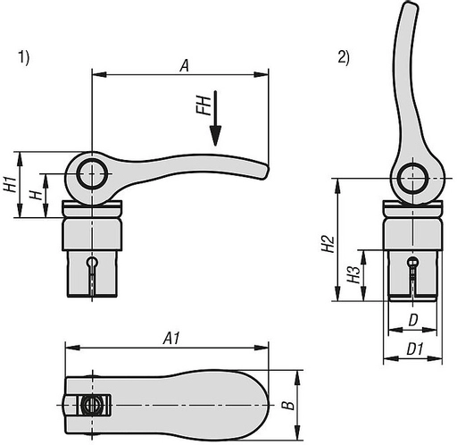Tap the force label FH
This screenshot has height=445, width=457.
pyautogui.click(x=204, y=107)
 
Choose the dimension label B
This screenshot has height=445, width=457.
pyautogui.click(x=287, y=405)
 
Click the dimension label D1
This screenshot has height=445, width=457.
pyautogui.click(x=413, y=347)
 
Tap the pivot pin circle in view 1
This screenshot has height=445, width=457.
pyautogui.click(x=90, y=173)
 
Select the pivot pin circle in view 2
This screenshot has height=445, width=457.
pyautogui.click(x=411, y=179)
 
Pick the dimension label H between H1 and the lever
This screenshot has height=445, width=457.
pyautogui.click(x=33, y=195)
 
